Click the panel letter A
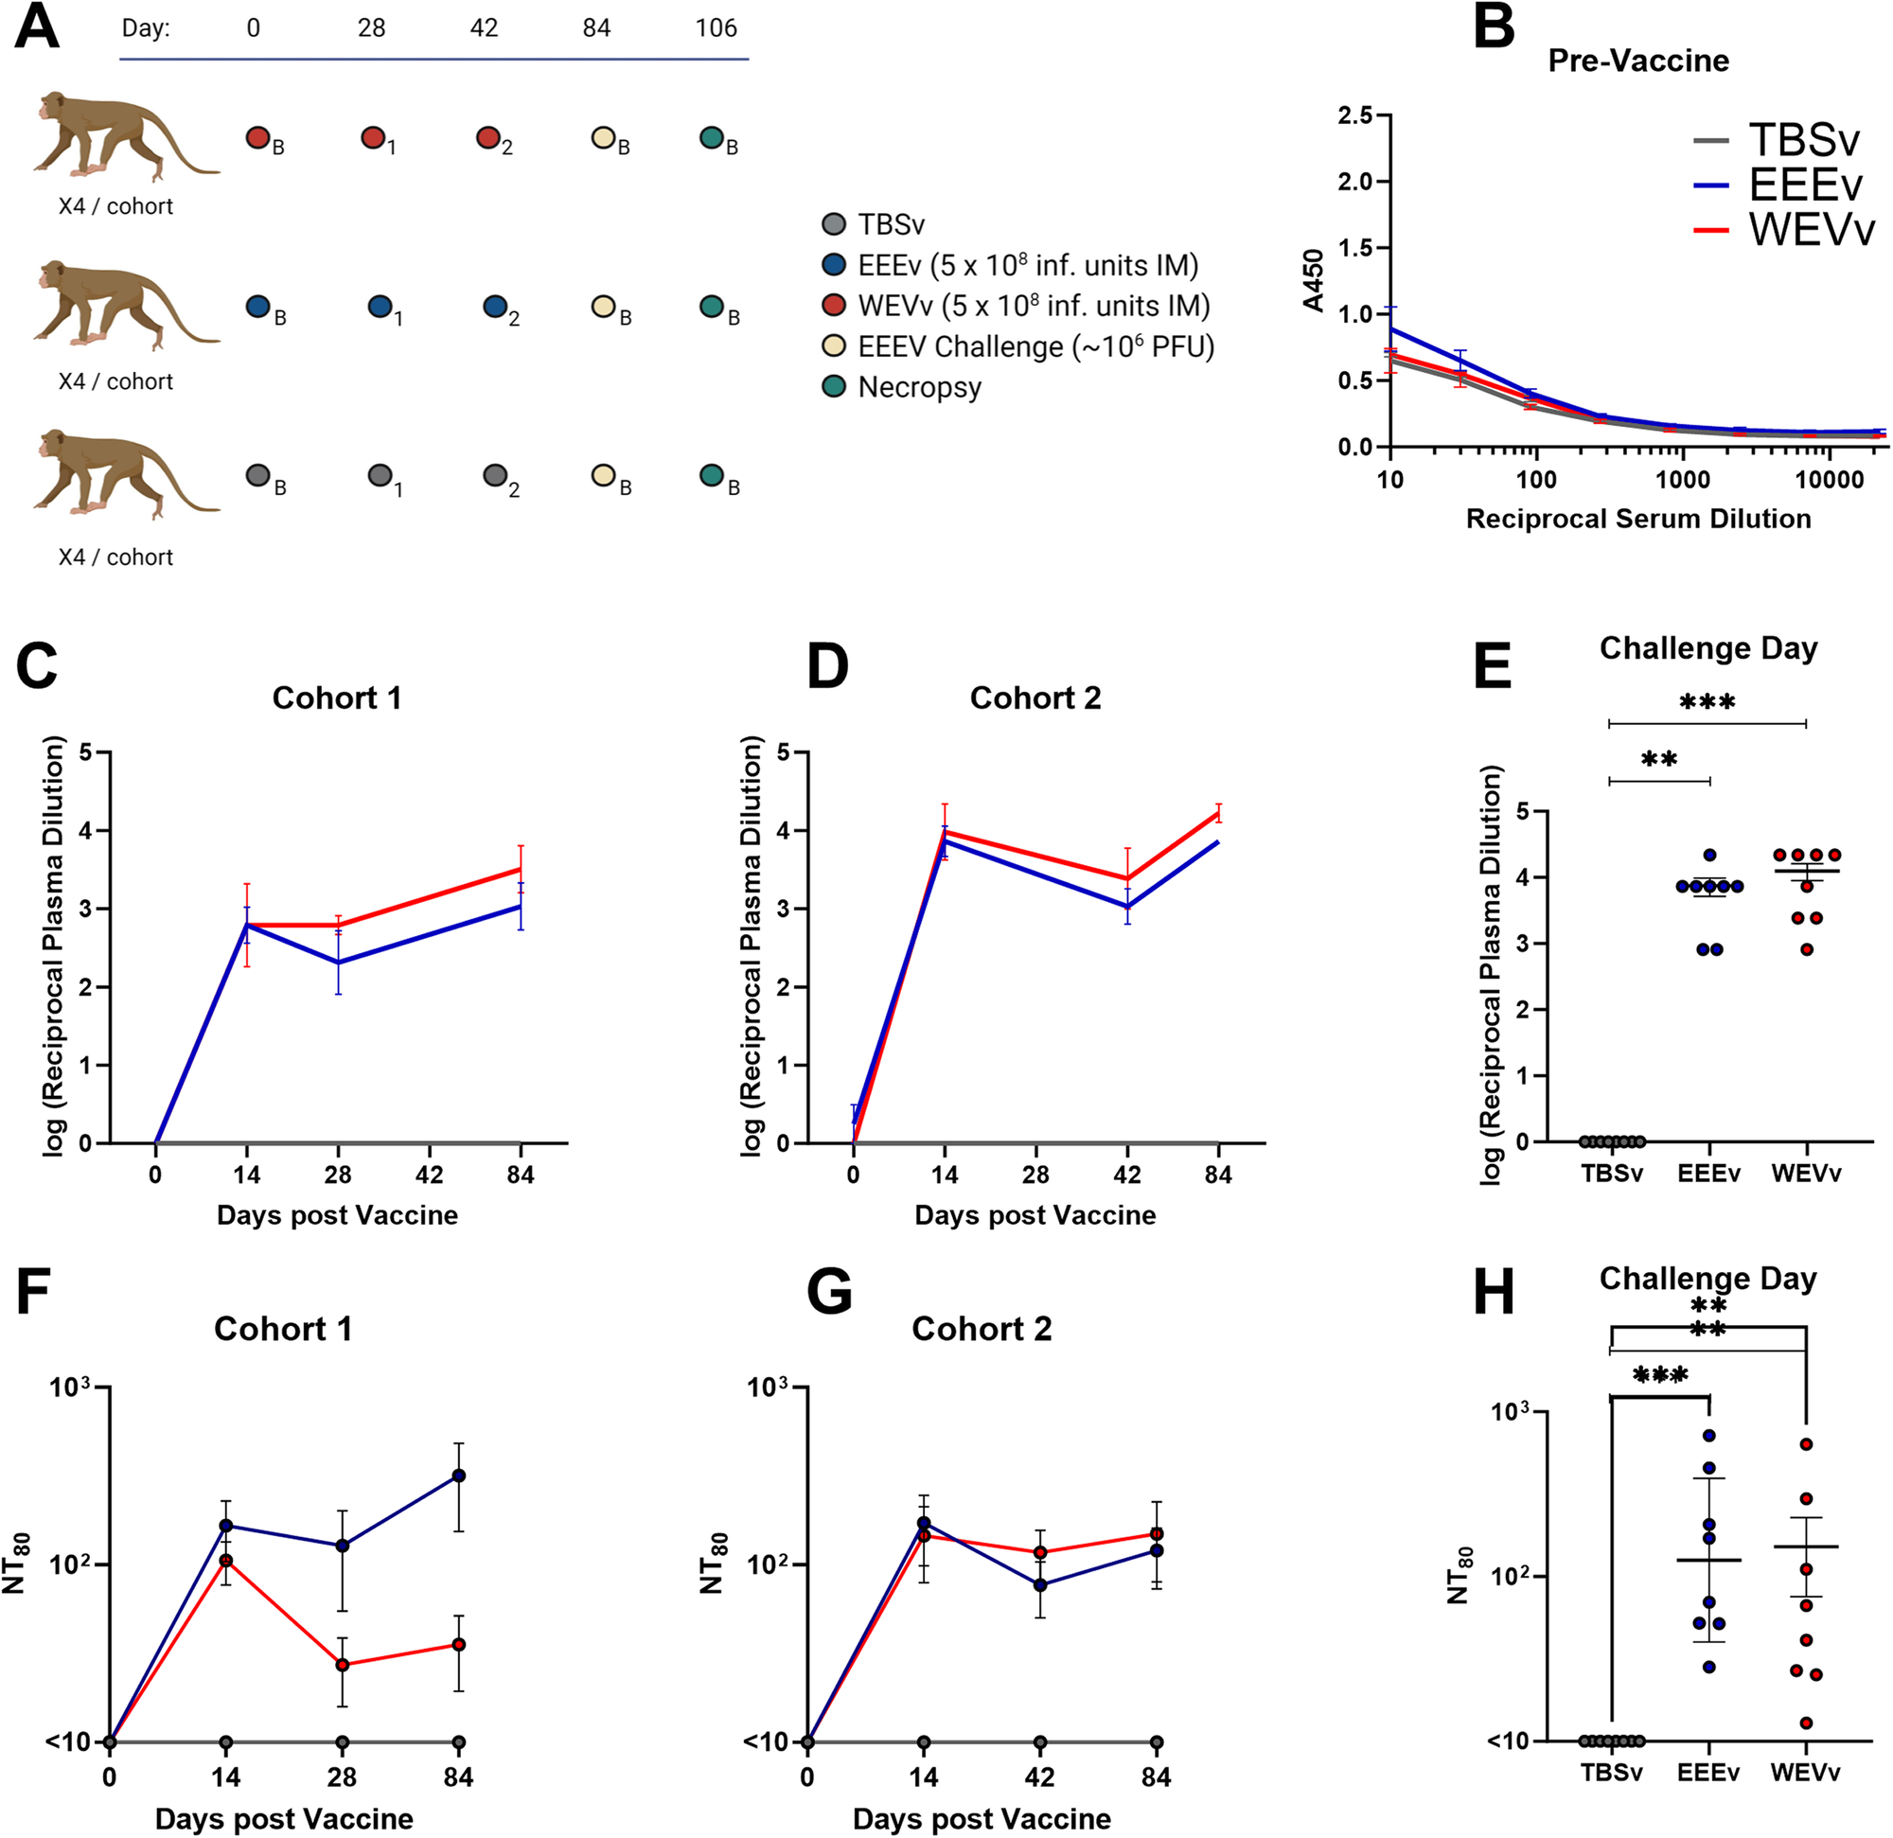pyautogui.click(x=38, y=29)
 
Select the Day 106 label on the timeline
pyautogui.click(x=716, y=28)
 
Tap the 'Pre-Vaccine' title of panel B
pyautogui.click(x=1638, y=61)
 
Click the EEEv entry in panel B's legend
pyautogui.click(x=1804, y=185)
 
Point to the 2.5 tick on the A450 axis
pyautogui.click(x=1354, y=115)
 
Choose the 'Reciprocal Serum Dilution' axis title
pyautogui.click(x=1638, y=519)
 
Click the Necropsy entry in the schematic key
pyautogui.click(x=919, y=387)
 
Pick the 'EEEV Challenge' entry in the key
pyautogui.click(x=1035, y=346)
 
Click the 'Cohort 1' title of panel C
pyautogui.click(x=336, y=698)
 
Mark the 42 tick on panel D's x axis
pyautogui.click(x=1127, y=1175)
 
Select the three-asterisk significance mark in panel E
pyautogui.click(x=1707, y=702)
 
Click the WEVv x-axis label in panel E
pyautogui.click(x=1805, y=1174)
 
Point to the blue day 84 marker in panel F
pyautogui.click(x=459, y=1476)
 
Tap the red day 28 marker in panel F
pyautogui.click(x=342, y=1665)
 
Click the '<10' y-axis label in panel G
pyautogui.click(x=763, y=1742)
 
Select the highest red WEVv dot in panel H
pyautogui.click(x=1805, y=1445)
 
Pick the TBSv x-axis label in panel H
pyautogui.click(x=1611, y=1774)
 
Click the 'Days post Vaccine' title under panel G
pyautogui.click(x=982, y=1819)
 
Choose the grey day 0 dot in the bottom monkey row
pyautogui.click(x=257, y=475)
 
